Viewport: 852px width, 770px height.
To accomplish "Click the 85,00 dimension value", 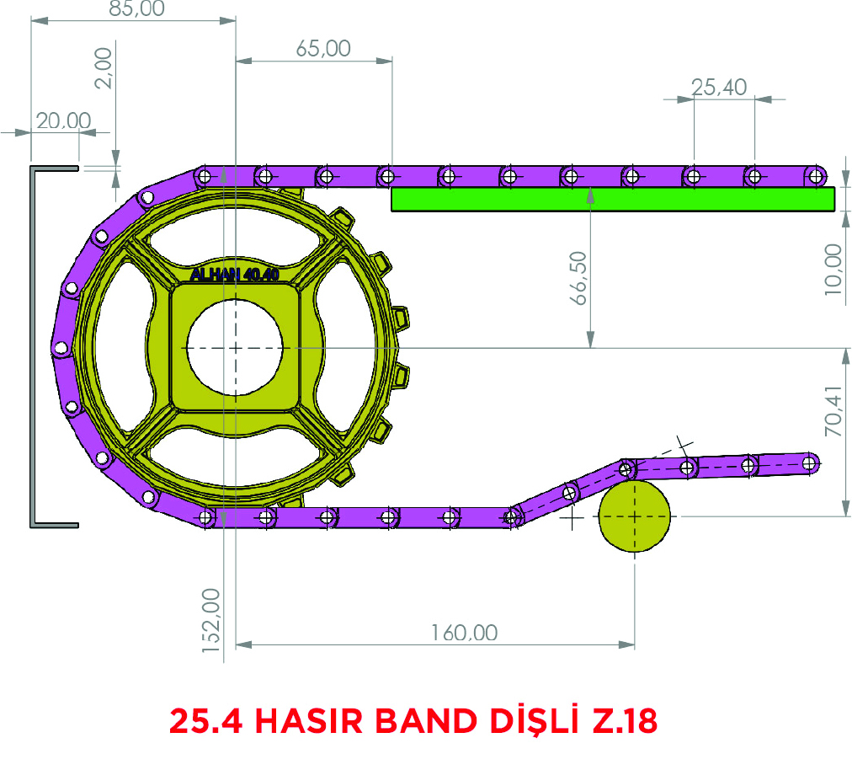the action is tap(136, 8).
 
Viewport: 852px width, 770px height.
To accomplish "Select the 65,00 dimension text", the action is tap(323, 48).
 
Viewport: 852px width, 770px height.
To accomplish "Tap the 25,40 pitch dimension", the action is tap(719, 87).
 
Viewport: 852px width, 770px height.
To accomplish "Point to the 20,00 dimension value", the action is tap(64, 120).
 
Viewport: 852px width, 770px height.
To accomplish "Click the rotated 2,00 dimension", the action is tap(104, 68).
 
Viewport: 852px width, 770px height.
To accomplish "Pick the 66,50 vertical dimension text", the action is tap(578, 278).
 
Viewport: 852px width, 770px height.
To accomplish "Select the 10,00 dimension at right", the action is tap(833, 270).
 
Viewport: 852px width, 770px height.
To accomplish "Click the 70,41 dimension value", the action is tap(833, 411).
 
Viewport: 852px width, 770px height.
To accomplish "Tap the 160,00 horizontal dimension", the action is tap(465, 633).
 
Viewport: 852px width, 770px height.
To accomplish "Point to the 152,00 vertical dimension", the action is tap(210, 620).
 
